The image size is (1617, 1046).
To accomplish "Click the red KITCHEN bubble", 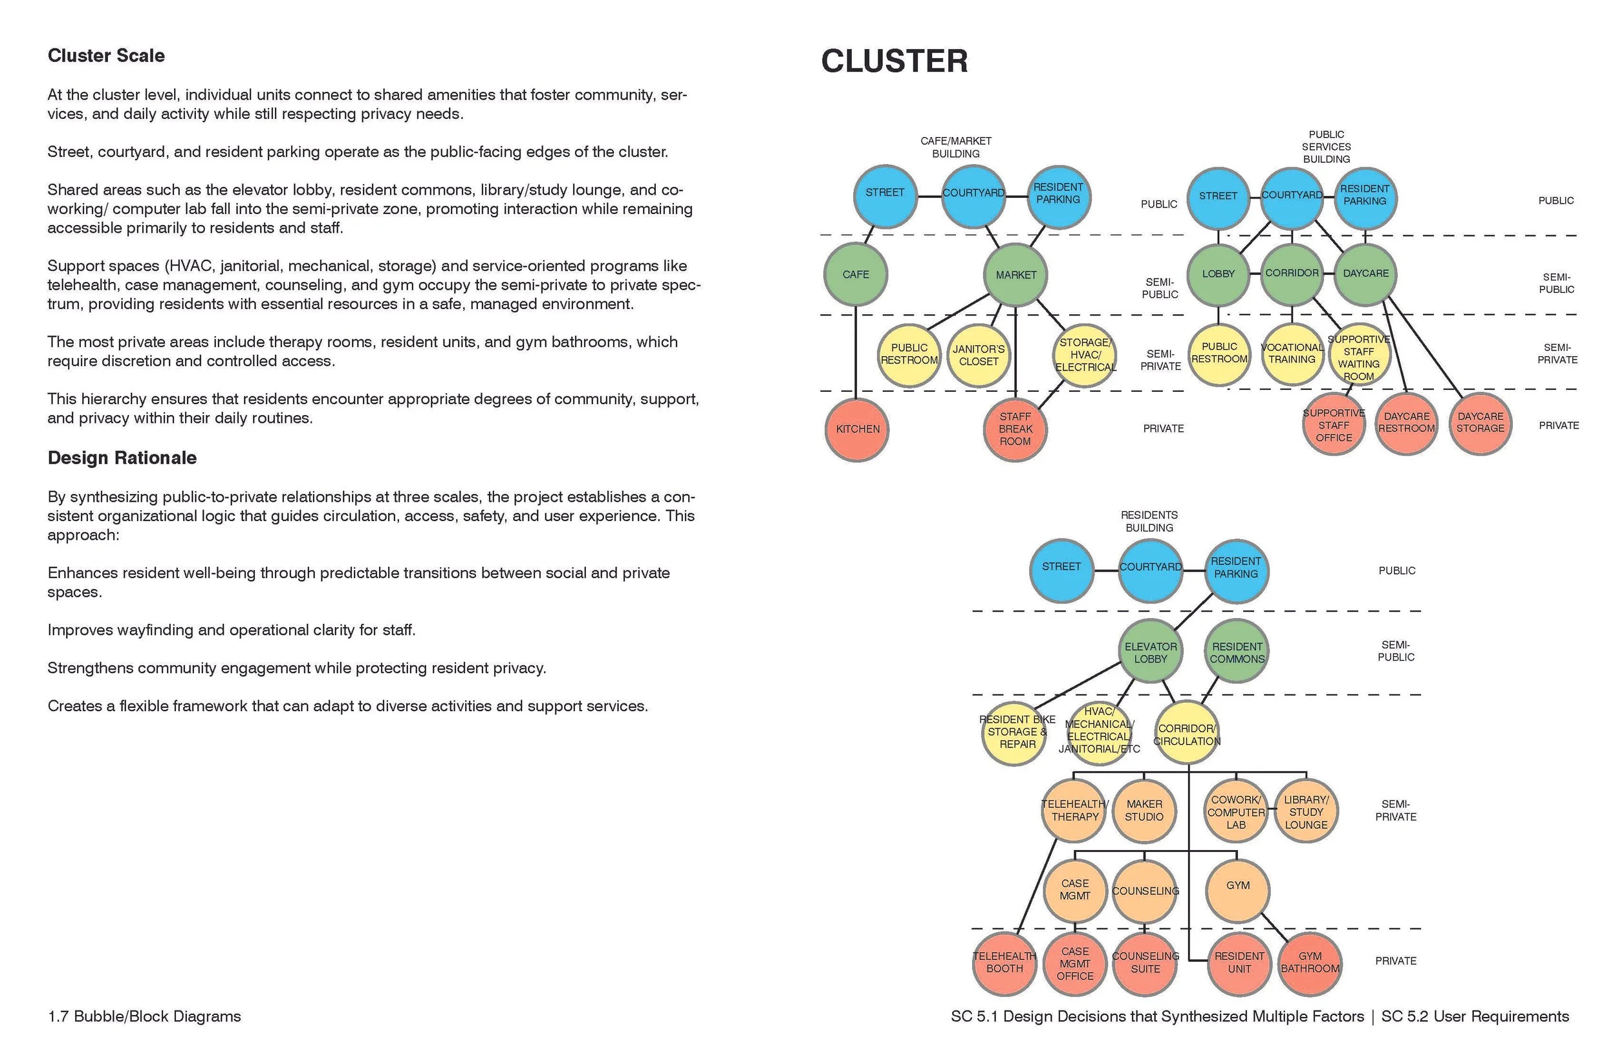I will (857, 429).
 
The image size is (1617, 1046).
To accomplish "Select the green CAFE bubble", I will (855, 274).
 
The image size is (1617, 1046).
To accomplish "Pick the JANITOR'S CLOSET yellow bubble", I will (979, 355).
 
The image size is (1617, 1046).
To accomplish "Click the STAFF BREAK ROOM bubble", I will (1015, 429).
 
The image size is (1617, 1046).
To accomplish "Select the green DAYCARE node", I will (1365, 273).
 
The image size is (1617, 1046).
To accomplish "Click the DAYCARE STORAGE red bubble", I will (1480, 423).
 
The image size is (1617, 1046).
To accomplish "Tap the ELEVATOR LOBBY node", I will (1150, 652).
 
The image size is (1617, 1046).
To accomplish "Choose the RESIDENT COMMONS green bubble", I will (1237, 652).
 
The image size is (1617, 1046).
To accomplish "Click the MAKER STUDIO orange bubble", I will (1144, 810).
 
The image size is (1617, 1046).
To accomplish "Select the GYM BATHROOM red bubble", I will (1309, 963).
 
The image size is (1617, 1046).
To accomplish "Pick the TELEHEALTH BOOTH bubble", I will (1004, 963).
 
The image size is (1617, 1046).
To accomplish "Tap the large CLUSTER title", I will (894, 61).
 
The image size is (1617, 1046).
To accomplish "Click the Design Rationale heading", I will (122, 458).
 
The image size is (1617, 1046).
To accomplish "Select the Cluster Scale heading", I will (106, 56).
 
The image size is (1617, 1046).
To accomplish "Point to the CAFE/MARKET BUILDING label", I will (955, 147).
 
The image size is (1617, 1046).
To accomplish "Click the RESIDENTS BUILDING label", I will (1149, 521).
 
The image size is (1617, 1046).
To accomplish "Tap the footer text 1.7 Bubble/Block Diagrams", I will (144, 1016).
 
